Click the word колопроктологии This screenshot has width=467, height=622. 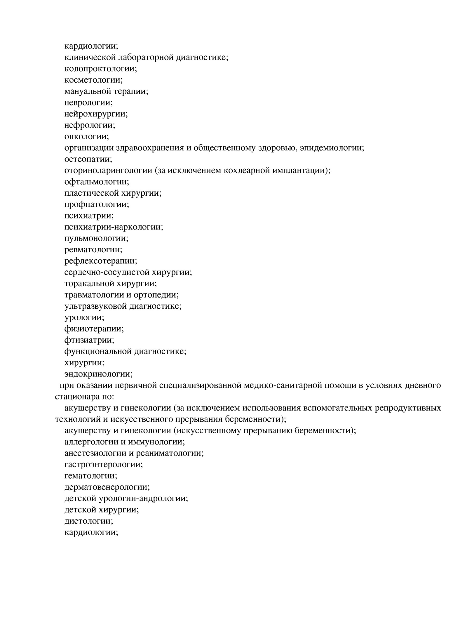(x=100, y=69)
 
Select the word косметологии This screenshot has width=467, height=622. (x=93, y=80)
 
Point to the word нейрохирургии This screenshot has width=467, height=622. (x=95, y=114)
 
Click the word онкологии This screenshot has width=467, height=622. (x=86, y=136)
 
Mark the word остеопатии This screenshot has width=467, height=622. (x=87, y=159)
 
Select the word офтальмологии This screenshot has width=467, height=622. (x=96, y=182)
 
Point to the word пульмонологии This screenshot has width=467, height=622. (x=95, y=238)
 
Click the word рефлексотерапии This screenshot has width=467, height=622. (x=100, y=261)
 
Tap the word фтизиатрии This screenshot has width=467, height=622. (x=88, y=340)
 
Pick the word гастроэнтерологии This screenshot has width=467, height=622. (x=103, y=464)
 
